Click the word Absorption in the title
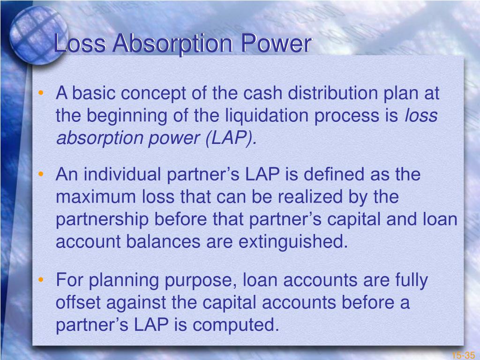(172, 44)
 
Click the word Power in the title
(276, 43)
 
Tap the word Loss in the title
(80, 43)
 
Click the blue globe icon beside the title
(38, 36)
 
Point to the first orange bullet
(41, 93)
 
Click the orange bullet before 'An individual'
(41, 174)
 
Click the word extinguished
(293, 241)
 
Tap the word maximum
(96, 197)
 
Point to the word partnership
(102, 219)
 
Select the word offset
(78, 302)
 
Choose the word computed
(236, 325)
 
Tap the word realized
(310, 197)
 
